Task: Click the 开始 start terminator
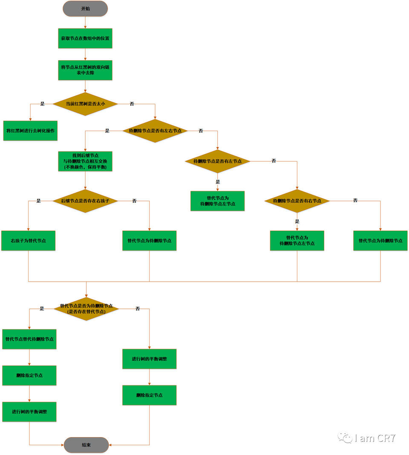point(85,9)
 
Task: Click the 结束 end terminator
point(86,445)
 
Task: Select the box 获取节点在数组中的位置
point(85,38)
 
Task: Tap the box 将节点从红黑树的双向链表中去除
point(85,70)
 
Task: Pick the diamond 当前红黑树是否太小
point(85,104)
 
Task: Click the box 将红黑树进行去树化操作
point(30,131)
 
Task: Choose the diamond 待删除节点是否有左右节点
point(155,131)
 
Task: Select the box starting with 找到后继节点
point(85,161)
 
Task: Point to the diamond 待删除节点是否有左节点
point(217,161)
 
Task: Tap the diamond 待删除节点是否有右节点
point(297,201)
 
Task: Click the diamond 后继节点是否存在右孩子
point(85,201)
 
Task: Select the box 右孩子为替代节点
point(28,241)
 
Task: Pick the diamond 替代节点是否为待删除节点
point(86,309)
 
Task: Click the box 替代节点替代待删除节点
point(29,339)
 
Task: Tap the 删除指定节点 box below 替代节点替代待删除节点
point(29,375)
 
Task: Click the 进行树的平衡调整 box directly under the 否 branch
point(149,359)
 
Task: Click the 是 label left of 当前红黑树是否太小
point(42,104)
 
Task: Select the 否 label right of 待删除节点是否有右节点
point(355,201)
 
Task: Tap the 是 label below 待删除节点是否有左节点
point(218,182)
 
